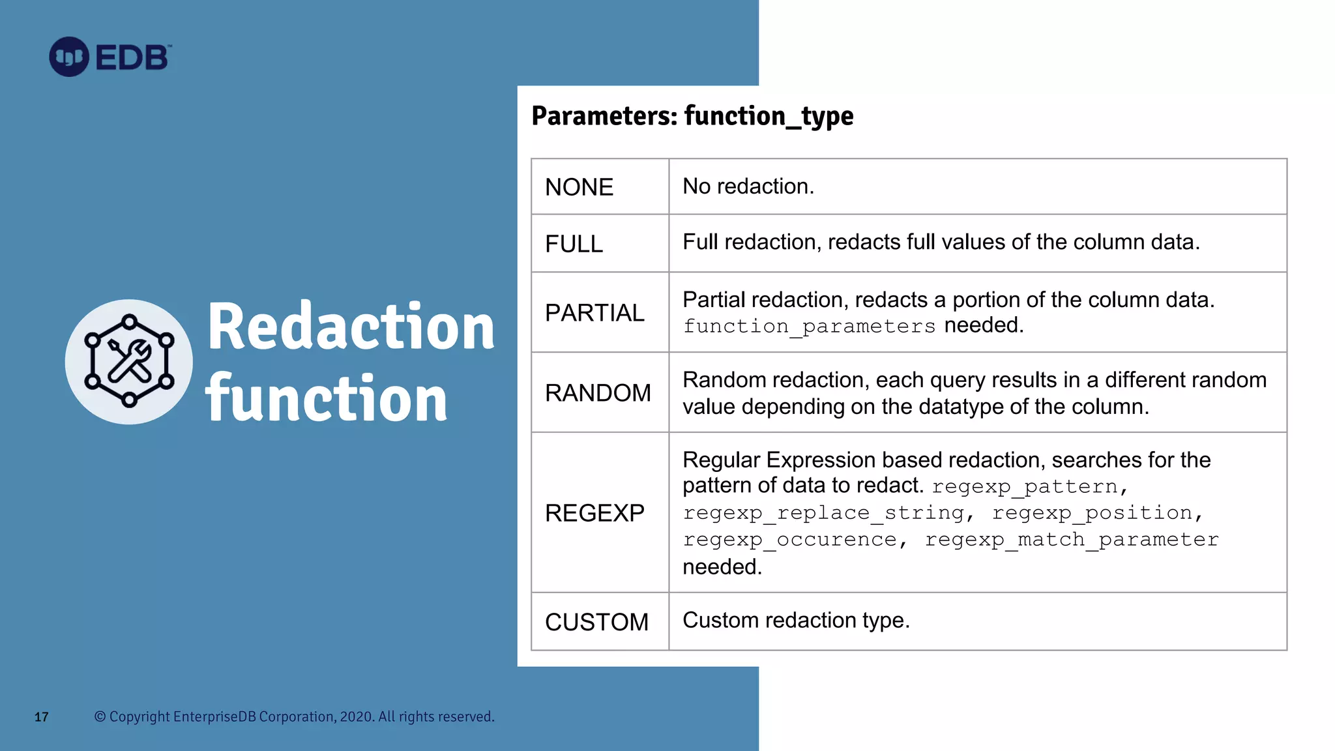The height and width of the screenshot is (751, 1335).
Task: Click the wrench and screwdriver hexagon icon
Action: (129, 361)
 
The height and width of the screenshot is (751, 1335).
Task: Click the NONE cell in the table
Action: (579, 187)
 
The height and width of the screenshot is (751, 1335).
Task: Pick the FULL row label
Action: (574, 244)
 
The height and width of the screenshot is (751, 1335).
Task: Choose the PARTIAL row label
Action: (594, 313)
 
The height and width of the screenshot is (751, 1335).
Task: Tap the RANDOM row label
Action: (598, 393)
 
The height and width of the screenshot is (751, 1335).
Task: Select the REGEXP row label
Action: (594, 513)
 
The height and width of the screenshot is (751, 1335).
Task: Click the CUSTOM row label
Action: (596, 622)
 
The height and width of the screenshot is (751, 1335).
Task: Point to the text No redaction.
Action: (748, 186)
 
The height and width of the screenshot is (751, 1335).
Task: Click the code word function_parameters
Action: (809, 326)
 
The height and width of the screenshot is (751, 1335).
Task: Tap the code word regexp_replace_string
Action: (823, 513)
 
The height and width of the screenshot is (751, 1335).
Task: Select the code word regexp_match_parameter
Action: (1071, 540)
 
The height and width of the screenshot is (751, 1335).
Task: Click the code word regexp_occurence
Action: (789, 540)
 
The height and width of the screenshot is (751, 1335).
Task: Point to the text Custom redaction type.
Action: (795, 620)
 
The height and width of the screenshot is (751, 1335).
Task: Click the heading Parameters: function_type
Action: (692, 116)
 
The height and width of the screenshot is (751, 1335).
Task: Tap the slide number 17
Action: (41, 717)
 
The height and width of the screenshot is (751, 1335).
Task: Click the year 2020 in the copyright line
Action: (356, 716)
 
